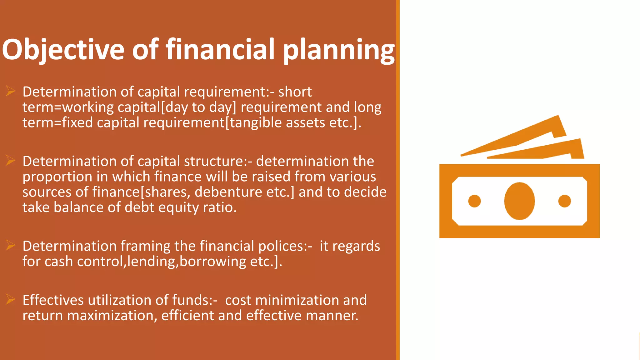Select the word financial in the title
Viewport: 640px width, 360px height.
coord(220,49)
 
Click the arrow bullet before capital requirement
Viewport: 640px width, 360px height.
coord(10,91)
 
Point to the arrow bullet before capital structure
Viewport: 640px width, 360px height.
coord(10,161)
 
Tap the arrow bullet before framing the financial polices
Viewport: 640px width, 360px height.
coord(10,246)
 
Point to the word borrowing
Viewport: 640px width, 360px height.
coord(212,262)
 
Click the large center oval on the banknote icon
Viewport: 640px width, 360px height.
coord(519,201)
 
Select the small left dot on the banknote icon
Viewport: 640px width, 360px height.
coord(474,201)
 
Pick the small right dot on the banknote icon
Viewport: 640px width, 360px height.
coord(564,201)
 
